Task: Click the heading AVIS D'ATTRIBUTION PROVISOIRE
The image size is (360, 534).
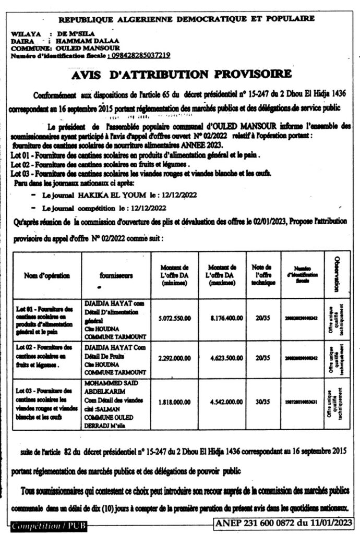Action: (180, 74)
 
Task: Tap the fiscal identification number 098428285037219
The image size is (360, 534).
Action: (138, 55)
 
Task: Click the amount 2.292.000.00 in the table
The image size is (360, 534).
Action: (175, 359)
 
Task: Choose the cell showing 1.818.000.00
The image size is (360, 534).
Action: (175, 403)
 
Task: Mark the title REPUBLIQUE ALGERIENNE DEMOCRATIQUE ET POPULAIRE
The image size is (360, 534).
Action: (186, 19)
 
